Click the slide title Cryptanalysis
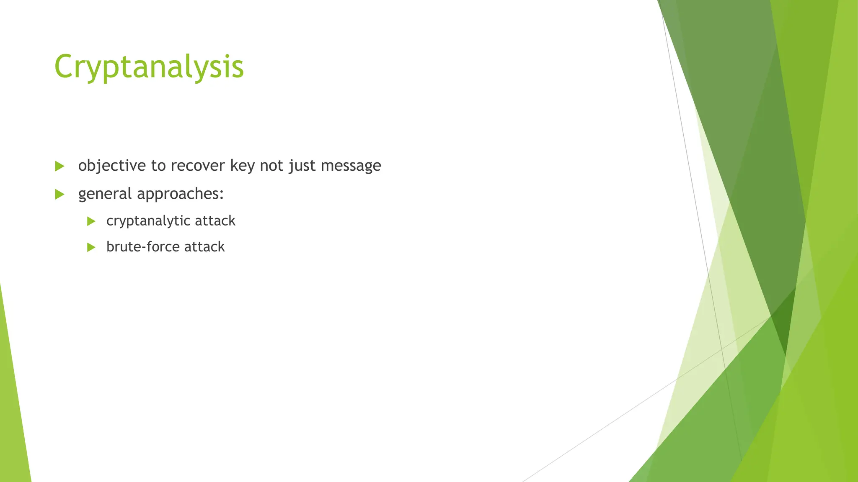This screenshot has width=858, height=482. [149, 67]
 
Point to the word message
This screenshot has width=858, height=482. [351, 166]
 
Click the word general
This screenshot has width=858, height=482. [105, 194]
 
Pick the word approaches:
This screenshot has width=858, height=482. [180, 194]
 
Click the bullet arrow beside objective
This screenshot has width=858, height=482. [59, 166]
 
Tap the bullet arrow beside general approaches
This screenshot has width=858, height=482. [59, 194]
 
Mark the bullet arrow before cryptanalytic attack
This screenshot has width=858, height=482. [91, 221]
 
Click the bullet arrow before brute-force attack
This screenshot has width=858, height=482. [91, 247]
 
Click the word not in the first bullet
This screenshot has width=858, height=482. [271, 166]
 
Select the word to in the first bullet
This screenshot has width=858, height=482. [158, 166]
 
